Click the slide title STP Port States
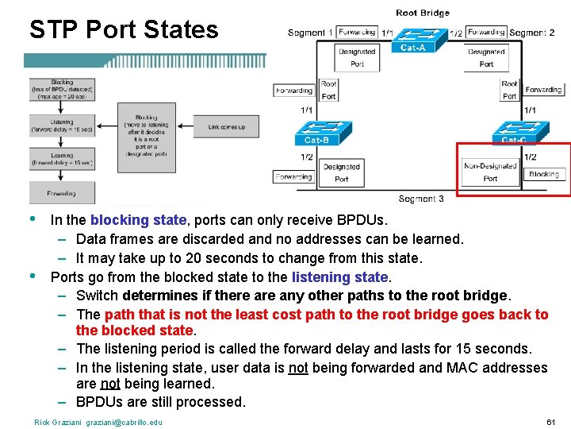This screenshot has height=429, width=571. (x=124, y=29)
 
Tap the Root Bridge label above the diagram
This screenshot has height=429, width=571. (x=422, y=13)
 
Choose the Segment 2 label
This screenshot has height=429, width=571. (x=532, y=33)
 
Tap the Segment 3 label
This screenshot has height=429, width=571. (x=421, y=199)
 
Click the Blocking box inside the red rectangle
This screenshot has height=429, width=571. (x=544, y=174)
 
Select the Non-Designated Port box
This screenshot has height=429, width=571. (x=490, y=172)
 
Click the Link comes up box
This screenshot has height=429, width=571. (x=227, y=126)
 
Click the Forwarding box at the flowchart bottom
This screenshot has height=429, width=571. (x=61, y=193)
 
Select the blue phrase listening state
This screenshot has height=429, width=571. (x=340, y=277)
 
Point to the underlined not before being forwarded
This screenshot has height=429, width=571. (x=298, y=368)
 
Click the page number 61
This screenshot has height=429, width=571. (x=550, y=422)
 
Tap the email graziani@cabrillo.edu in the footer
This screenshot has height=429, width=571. (x=124, y=422)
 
